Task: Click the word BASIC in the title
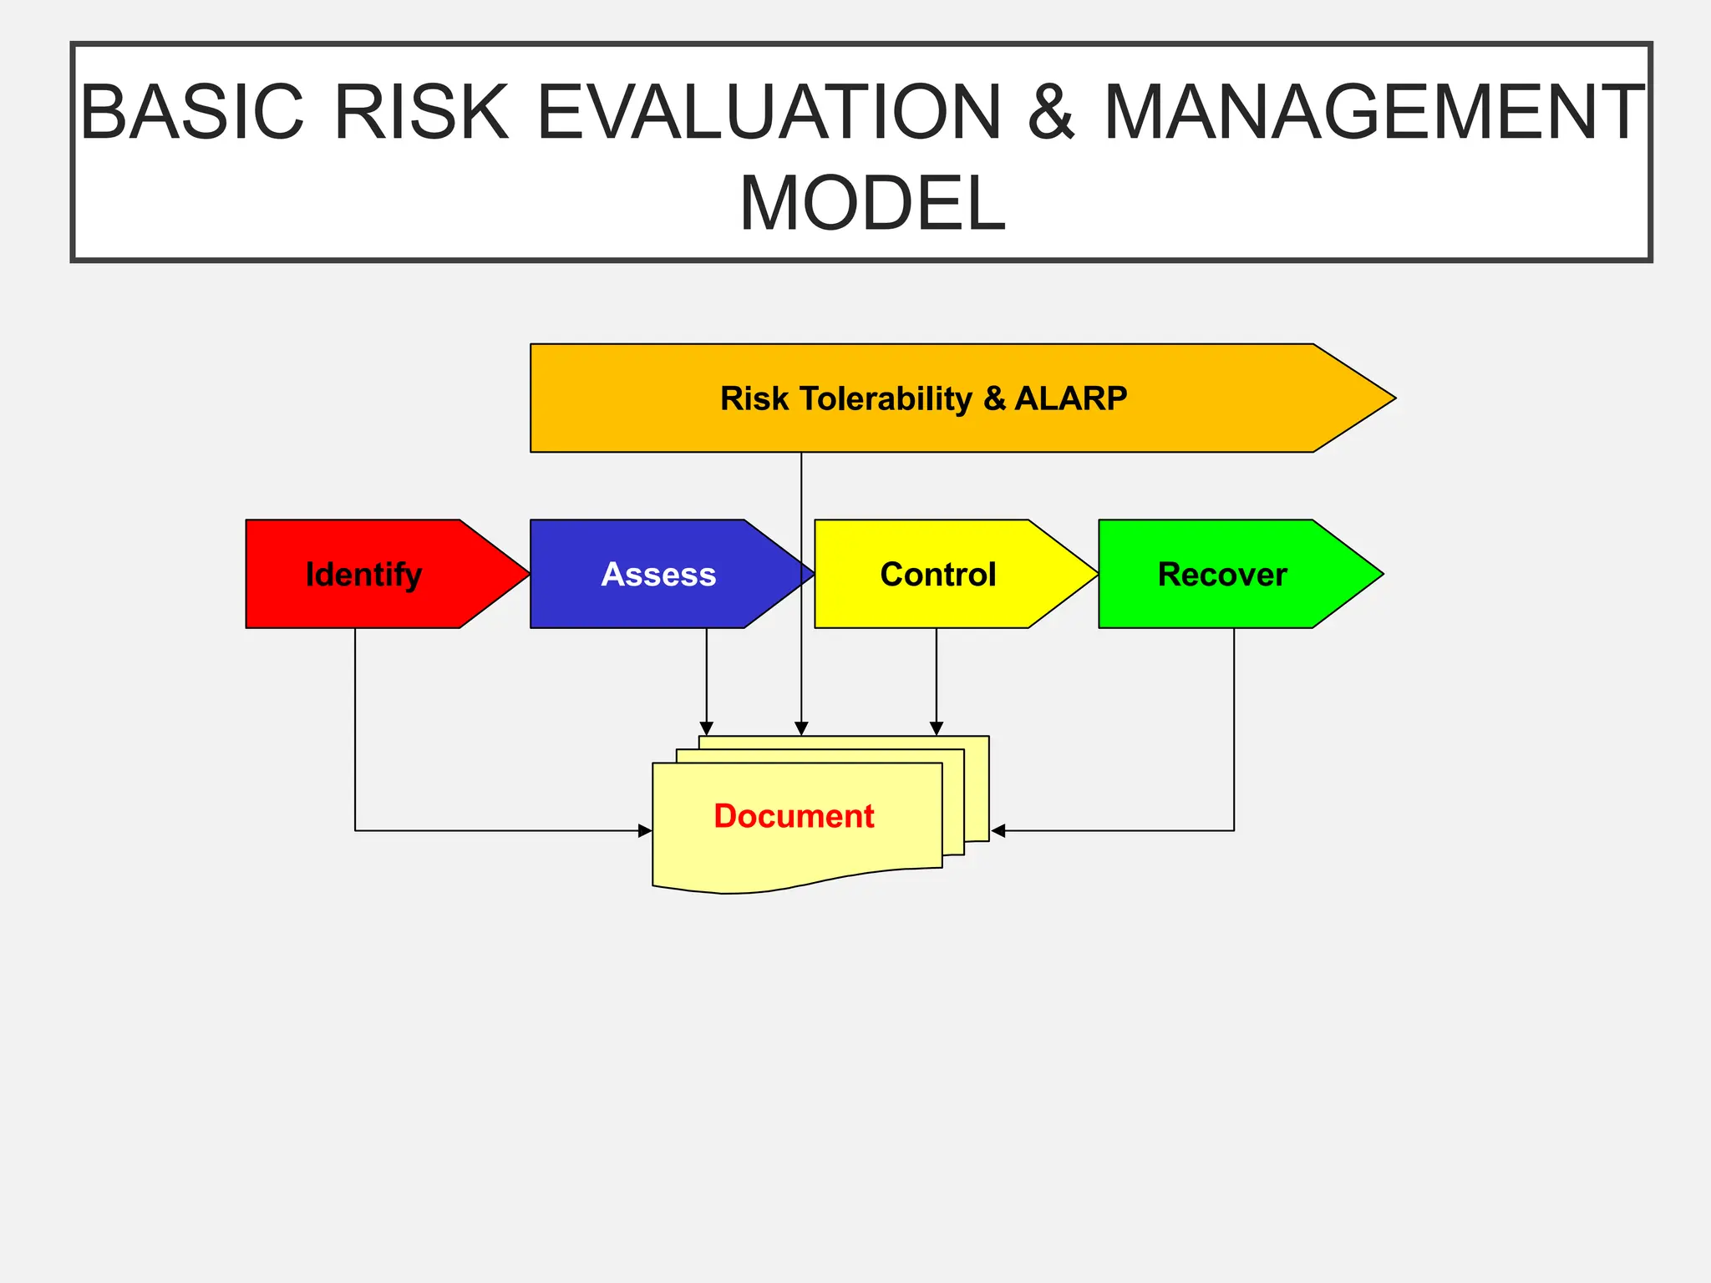coord(192,113)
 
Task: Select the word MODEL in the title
coord(872,204)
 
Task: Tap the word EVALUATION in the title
coord(769,113)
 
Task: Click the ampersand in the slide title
coord(1051,113)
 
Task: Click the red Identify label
coord(363,575)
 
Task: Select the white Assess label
coord(658,575)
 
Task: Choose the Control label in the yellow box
coord(937,575)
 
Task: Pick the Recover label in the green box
coord(1221,575)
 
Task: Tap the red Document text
coord(794,816)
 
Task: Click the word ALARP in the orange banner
coord(1071,398)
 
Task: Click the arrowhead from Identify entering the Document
coord(644,830)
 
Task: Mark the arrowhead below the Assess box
coord(707,728)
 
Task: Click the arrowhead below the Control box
coord(937,728)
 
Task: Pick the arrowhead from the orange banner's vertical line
coord(801,728)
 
